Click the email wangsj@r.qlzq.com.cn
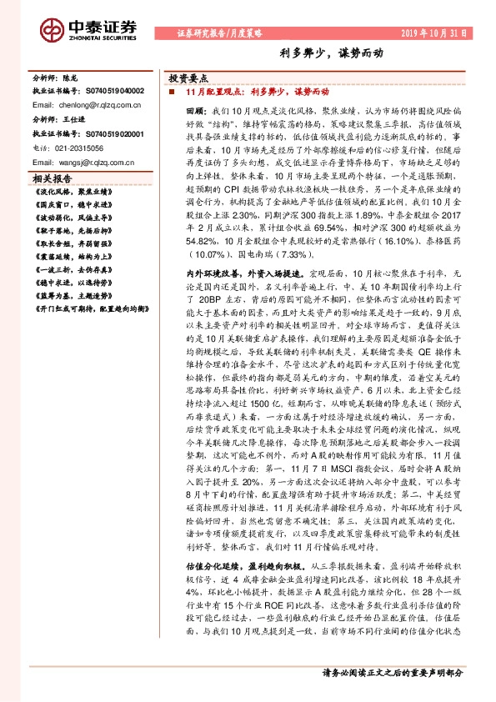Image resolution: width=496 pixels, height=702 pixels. click(87, 160)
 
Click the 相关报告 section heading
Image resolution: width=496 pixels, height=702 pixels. click(52, 178)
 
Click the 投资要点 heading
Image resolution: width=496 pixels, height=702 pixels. click(187, 75)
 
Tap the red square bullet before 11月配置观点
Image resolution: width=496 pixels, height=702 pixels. click(171, 91)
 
